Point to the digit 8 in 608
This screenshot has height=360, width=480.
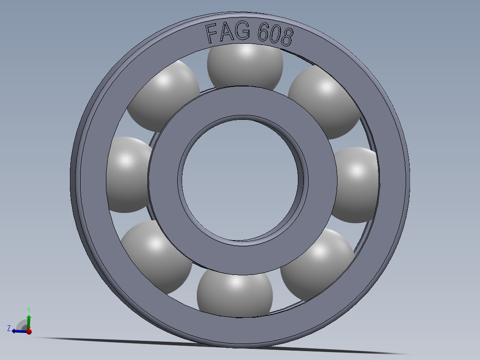[286, 37]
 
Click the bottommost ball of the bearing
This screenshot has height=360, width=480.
[234, 294]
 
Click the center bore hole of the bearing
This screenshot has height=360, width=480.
[240, 178]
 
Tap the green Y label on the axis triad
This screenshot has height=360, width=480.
[28, 309]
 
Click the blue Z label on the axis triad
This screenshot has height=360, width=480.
[9, 328]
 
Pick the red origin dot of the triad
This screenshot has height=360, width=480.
[29, 331]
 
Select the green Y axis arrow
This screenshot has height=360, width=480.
[29, 321]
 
